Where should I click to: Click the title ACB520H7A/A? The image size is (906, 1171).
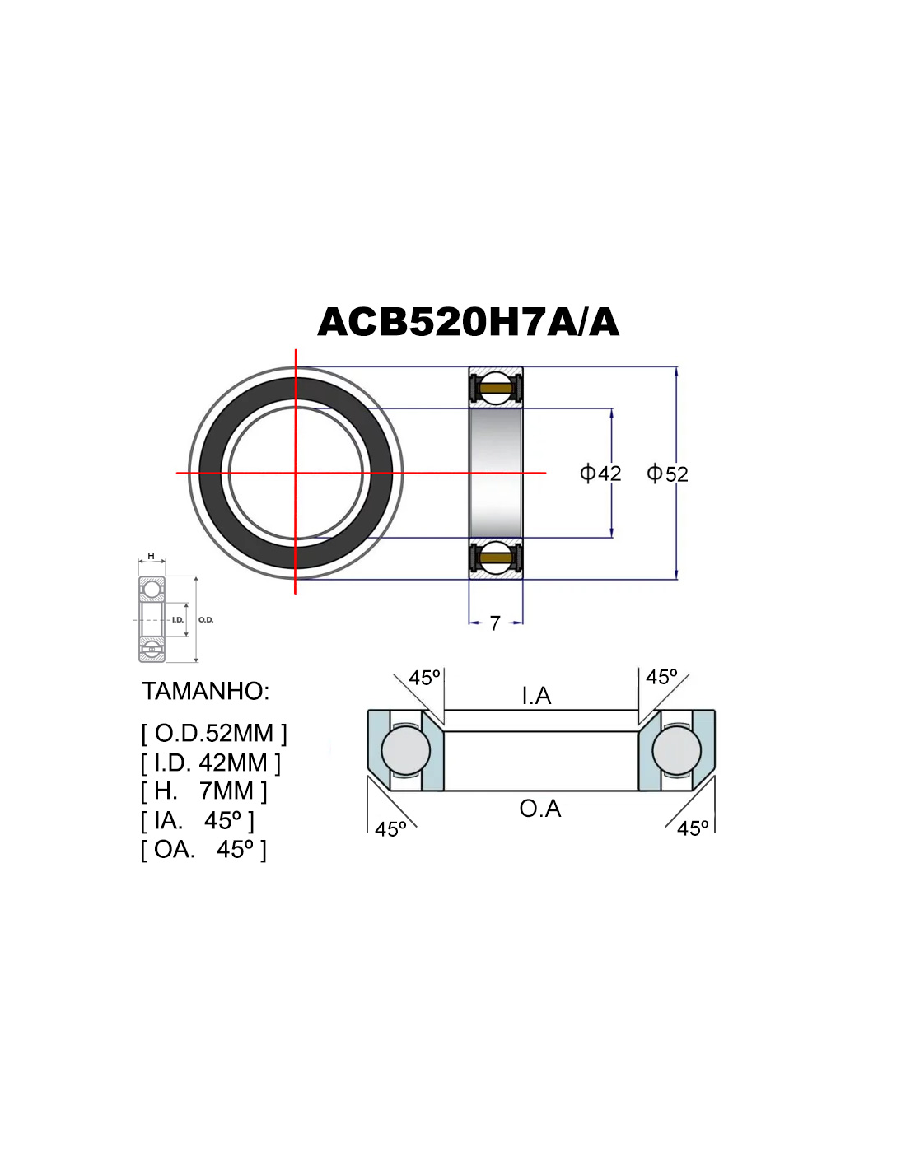pos(468,322)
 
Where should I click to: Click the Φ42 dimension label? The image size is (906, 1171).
pos(600,474)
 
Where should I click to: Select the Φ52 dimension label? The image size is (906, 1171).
pos(667,474)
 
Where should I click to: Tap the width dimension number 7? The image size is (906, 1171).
pos(495,623)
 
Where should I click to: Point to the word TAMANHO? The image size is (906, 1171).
pos(205,691)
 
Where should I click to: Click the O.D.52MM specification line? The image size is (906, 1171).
pos(214,733)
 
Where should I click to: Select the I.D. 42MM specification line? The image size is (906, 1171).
pos(211,763)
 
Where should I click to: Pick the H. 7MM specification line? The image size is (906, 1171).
pos(203,791)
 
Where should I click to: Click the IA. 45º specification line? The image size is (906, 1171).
pos(198,821)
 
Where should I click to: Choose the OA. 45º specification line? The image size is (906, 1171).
pos(203,849)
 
